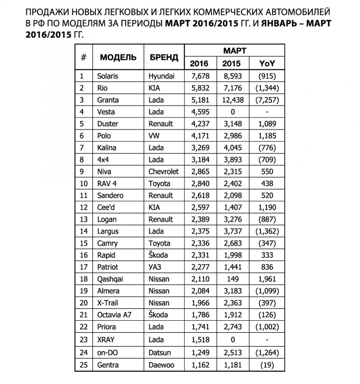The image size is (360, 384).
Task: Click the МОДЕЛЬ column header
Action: point(118,57)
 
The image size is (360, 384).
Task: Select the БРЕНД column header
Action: point(163,57)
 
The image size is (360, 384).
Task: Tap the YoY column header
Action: point(267,63)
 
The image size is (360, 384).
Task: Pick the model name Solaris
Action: point(108,76)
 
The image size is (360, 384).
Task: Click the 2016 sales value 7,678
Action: point(199,76)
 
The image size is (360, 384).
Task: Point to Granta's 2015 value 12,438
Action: point(232,100)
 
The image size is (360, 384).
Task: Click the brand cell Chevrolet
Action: point(163,171)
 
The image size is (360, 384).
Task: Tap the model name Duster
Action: point(108,124)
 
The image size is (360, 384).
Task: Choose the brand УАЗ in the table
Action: point(155,267)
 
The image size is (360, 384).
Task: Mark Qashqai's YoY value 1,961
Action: point(267,279)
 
